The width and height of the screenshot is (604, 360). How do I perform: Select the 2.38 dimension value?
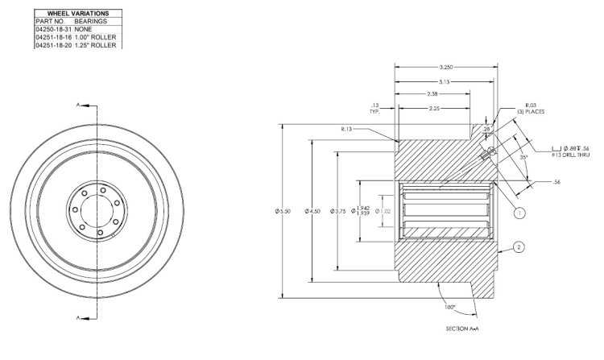[x=433, y=95]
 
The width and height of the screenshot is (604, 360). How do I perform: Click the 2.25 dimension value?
[x=432, y=108]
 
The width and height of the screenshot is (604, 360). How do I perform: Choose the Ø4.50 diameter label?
[x=307, y=211]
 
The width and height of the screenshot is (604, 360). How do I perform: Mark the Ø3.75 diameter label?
[x=331, y=211]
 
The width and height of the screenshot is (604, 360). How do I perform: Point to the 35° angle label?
[x=523, y=156]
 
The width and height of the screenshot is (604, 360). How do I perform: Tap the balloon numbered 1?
[x=520, y=213]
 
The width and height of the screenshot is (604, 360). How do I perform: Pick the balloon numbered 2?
[x=520, y=248]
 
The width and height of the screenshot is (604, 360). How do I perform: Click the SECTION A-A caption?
[x=463, y=329]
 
